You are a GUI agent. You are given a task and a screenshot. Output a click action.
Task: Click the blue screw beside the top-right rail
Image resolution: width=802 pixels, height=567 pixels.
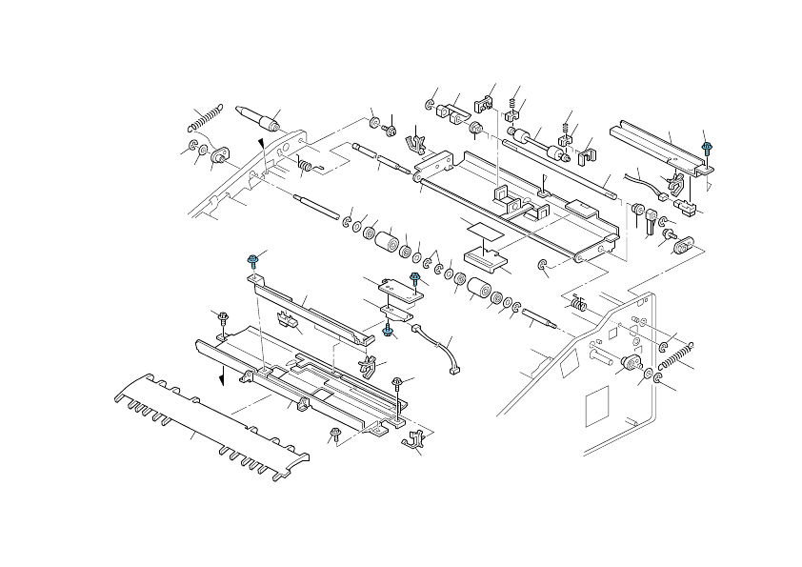coord(706,147)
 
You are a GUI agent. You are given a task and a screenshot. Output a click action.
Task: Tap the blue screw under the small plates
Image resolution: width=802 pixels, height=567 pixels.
coord(389,329)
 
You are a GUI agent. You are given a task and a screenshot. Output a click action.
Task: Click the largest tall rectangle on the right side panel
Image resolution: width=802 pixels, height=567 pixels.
coord(594,406)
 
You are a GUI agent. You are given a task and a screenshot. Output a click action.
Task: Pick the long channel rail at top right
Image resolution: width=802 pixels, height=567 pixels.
coord(662,148)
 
